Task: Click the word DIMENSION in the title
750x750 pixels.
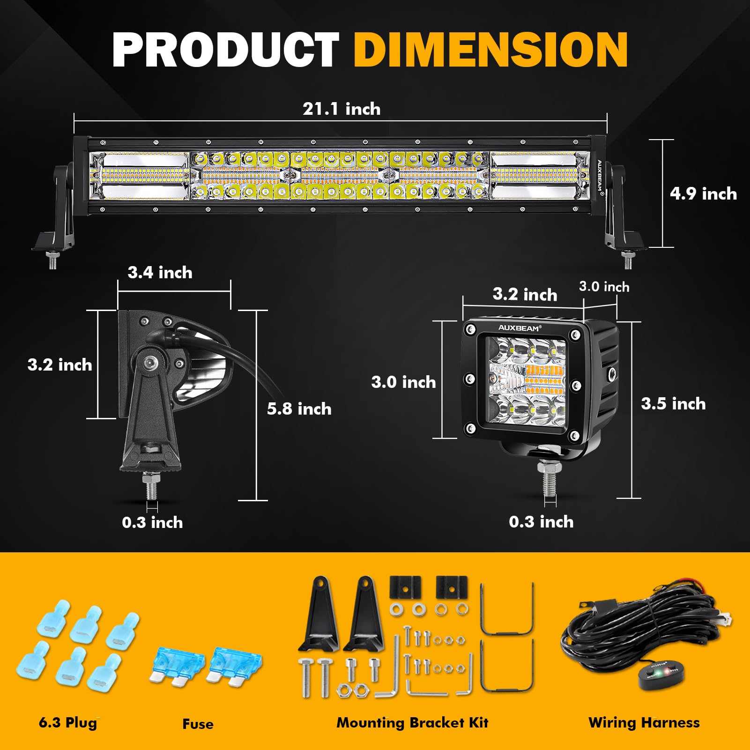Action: tap(490, 50)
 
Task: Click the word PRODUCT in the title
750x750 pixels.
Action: tap(225, 50)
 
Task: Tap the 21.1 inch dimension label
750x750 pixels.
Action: tap(342, 109)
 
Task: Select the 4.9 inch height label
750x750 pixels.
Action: tap(703, 194)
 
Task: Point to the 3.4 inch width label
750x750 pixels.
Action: tap(160, 273)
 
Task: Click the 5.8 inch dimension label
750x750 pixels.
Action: tap(299, 409)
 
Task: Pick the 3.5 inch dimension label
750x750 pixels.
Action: tap(673, 404)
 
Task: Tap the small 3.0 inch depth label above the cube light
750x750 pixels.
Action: tap(604, 287)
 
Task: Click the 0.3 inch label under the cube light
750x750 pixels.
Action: tap(541, 522)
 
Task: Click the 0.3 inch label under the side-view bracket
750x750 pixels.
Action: tap(152, 523)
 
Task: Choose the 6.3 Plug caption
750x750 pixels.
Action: tap(68, 722)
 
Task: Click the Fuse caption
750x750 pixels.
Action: tap(198, 724)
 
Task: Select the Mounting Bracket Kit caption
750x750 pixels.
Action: tap(412, 723)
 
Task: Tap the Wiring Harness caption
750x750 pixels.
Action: tap(644, 723)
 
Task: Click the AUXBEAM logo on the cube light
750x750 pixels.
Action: tap(519, 328)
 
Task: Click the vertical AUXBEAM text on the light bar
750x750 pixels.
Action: tap(600, 176)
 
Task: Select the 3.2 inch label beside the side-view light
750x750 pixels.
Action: tap(59, 365)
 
